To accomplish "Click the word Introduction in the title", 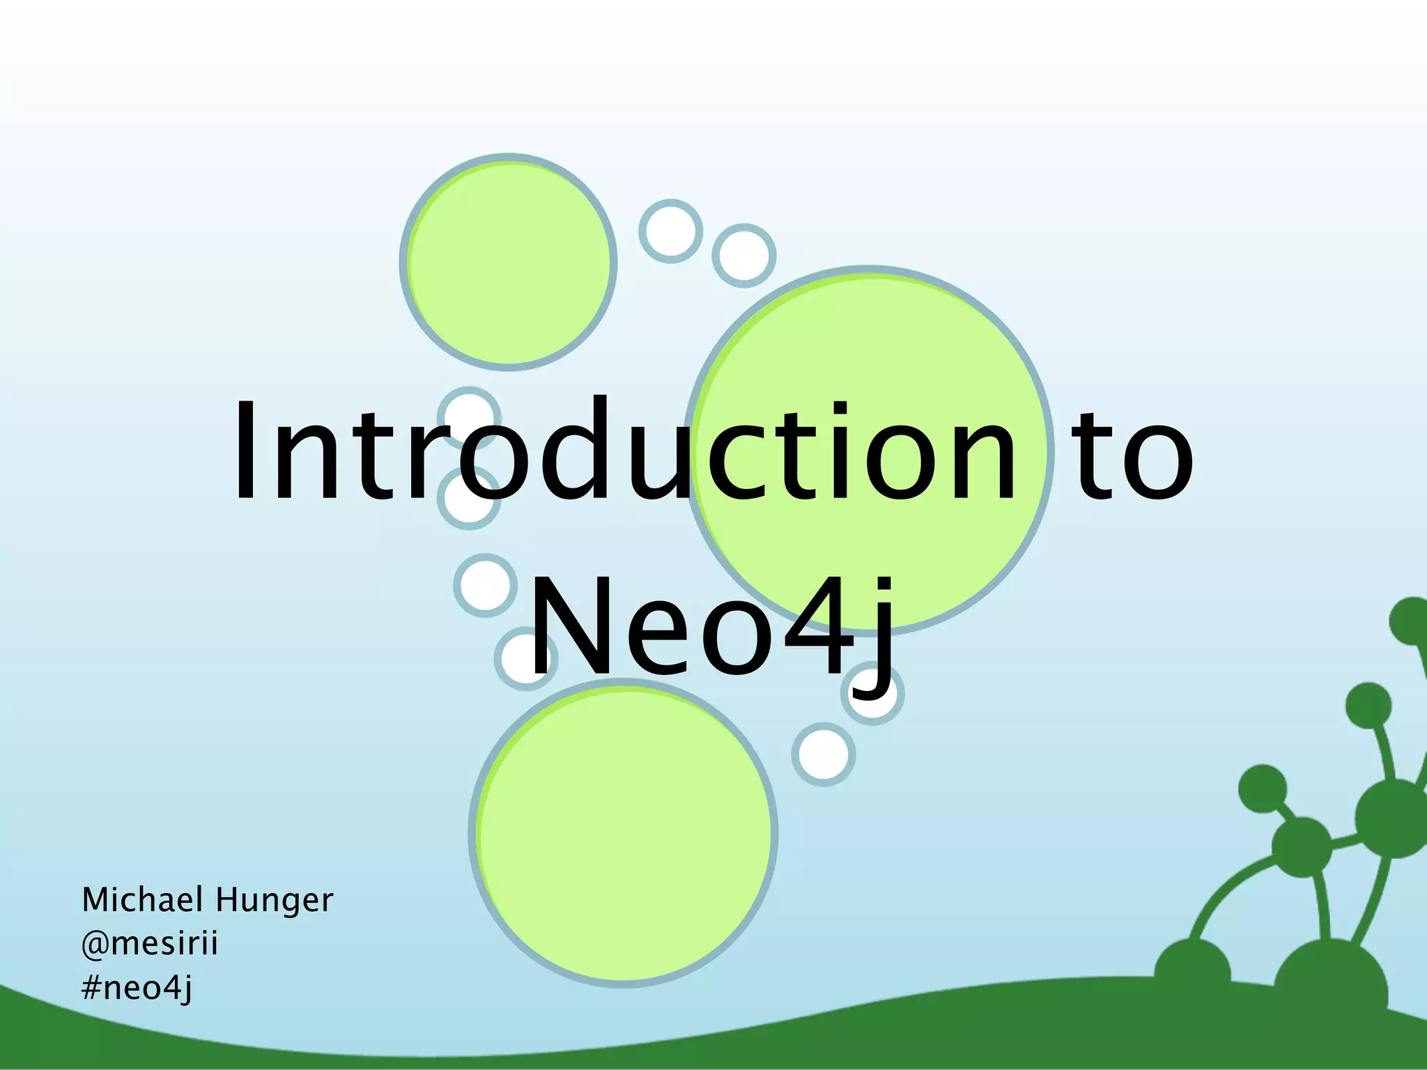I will pyautogui.click(x=624, y=451).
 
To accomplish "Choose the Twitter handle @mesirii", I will pyautogui.click(x=150, y=944).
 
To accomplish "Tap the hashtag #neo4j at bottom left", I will pyautogui.click(x=137, y=988).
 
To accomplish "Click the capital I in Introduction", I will pyautogui.click(x=244, y=451).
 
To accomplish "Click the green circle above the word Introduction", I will pyautogui.click(x=509, y=262).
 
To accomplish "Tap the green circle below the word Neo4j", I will pyautogui.click(x=624, y=833).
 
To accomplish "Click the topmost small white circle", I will pyautogui.click(x=670, y=231).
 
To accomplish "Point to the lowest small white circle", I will pyautogui.click(x=824, y=754).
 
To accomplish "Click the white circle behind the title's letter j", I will pyautogui.click(x=872, y=694).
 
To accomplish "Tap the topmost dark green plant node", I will pyautogui.click(x=1411, y=621).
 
